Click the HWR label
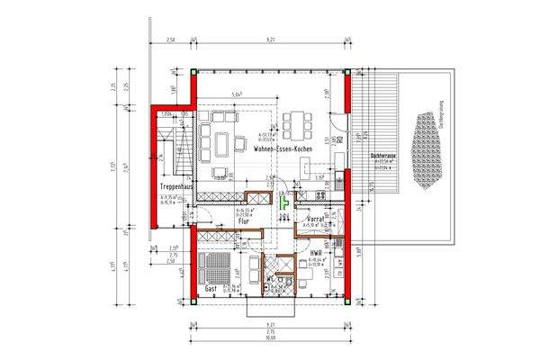coord(316,254)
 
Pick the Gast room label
coord(211,290)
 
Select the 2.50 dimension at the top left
coord(170,39)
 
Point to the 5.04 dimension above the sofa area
coord(236,94)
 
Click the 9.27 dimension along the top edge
coord(271,39)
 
